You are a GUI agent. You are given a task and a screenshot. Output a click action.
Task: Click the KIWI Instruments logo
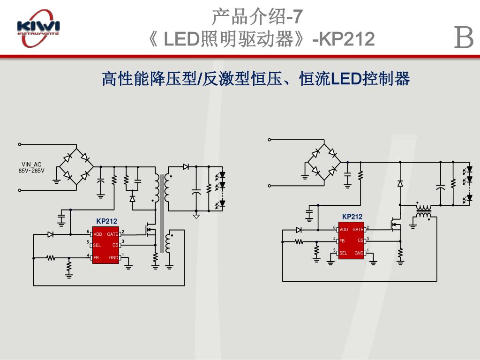tap(38, 29)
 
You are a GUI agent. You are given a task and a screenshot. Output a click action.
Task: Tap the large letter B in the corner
tap(464, 38)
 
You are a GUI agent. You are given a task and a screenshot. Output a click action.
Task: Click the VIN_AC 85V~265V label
tap(31, 167)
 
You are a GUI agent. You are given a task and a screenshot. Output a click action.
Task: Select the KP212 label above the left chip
tap(106, 221)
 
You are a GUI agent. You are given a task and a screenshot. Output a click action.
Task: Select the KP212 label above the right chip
tap(352, 217)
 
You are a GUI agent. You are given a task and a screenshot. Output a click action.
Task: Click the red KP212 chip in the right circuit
tap(351, 240)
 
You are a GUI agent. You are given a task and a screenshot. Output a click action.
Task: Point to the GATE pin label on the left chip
tap(112, 234)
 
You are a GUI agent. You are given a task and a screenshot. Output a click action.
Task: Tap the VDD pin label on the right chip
tap(344, 230)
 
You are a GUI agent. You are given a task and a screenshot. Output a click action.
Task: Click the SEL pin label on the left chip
tap(97, 245)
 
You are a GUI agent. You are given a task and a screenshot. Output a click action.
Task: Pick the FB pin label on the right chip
tap(342, 241)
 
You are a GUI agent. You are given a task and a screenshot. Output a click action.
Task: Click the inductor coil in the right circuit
tap(424, 211)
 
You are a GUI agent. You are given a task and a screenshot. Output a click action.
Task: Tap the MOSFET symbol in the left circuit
tap(150, 230)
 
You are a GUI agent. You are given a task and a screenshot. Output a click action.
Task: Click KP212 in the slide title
tap(347, 39)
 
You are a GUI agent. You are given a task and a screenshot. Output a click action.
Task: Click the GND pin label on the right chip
tap(359, 253)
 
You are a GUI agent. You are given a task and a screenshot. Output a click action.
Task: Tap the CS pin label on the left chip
tap(115, 245)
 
